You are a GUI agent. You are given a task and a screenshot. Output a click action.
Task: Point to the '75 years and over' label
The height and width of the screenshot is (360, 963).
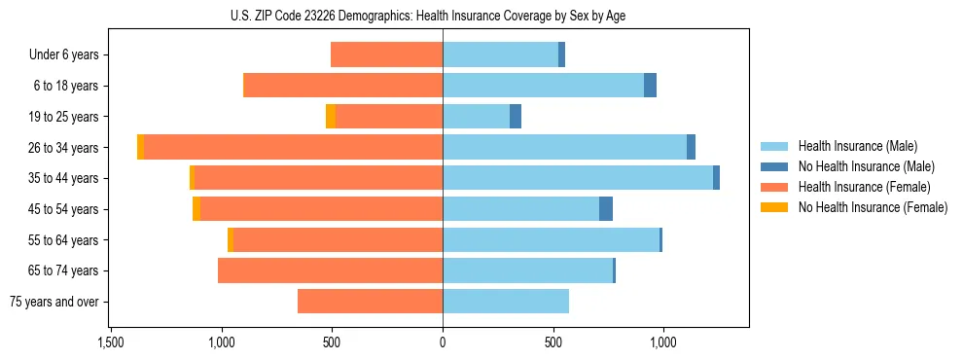[53, 302]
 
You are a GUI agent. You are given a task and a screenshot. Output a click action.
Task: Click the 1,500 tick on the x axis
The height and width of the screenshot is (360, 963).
[111, 342]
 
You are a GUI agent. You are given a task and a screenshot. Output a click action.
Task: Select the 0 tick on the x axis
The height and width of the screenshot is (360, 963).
[443, 342]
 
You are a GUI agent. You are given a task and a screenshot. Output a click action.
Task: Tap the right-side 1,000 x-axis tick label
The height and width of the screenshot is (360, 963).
[663, 342]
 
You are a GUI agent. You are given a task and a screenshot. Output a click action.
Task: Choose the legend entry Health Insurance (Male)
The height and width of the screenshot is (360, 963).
[857, 146]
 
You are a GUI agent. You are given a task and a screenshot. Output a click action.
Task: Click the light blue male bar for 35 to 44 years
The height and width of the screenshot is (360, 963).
[578, 178]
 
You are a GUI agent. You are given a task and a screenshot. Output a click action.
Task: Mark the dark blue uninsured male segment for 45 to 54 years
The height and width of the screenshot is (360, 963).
[606, 209]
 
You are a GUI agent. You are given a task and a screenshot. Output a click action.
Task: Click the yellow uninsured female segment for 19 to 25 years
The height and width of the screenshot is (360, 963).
[331, 117]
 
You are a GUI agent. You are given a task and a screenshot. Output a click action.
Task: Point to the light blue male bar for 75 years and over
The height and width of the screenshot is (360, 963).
[506, 302]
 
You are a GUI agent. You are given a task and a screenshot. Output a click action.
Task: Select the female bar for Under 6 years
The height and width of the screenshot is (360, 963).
[387, 54]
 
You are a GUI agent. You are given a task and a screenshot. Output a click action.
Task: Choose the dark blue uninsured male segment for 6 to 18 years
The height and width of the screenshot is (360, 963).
[650, 86]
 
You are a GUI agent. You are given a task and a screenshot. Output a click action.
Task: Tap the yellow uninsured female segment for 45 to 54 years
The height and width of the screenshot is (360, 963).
[196, 209]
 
